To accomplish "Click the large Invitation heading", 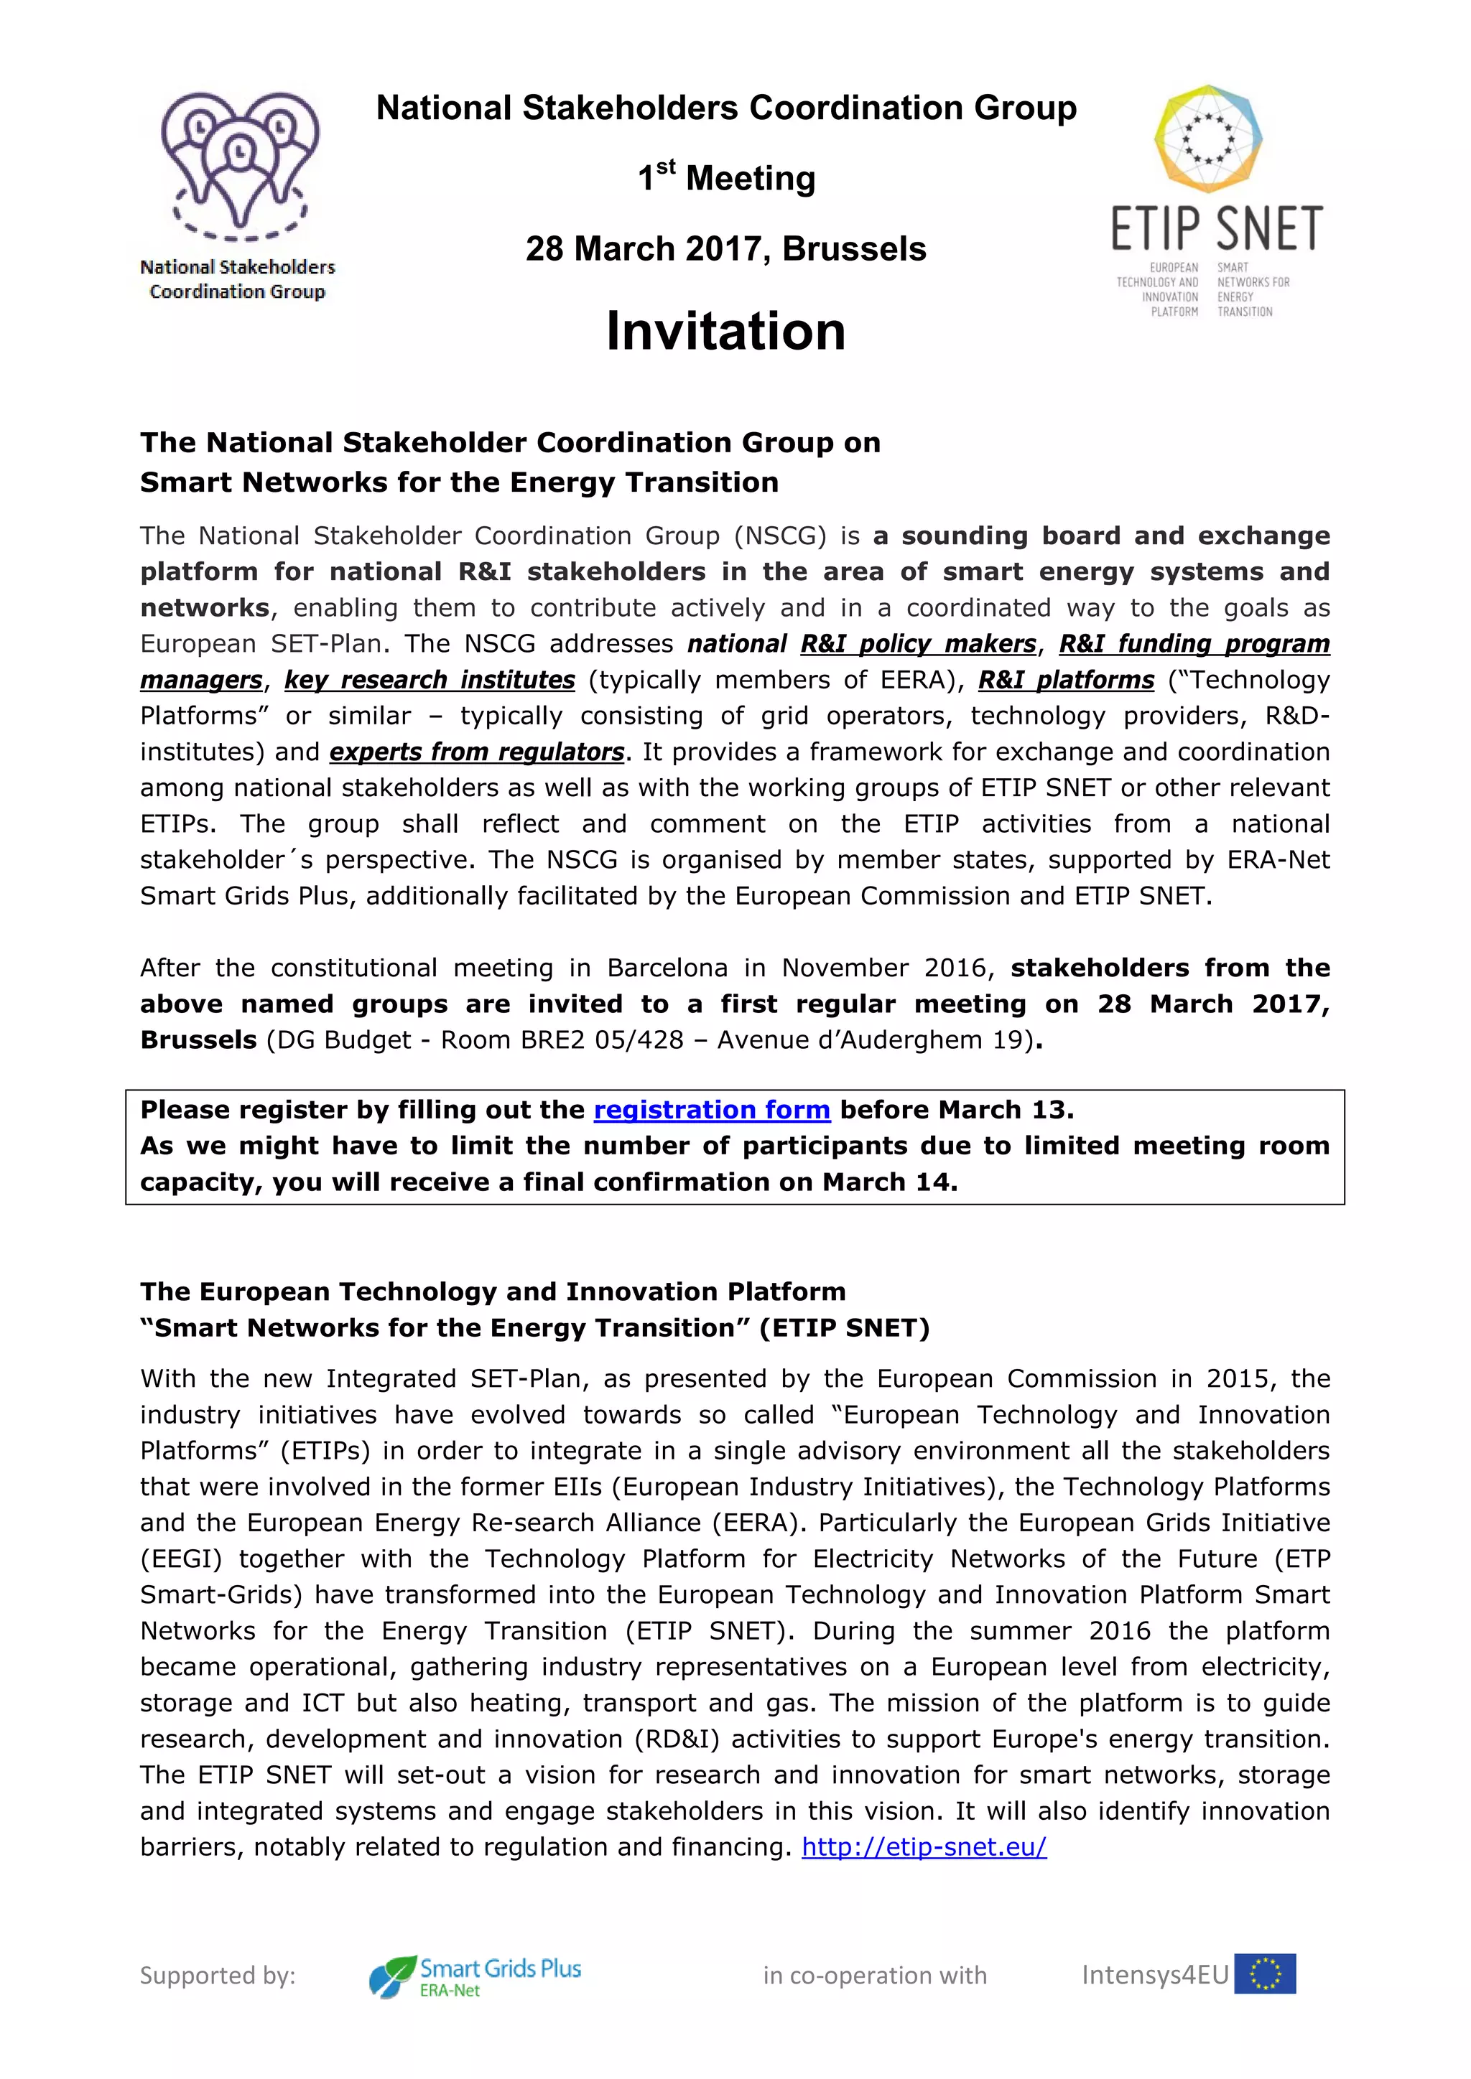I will tap(725, 332).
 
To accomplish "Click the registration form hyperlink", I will tap(711, 1110).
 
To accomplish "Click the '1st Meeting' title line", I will tap(725, 177).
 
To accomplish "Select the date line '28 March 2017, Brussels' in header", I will tap(725, 249).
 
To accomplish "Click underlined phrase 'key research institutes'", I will tap(430, 680).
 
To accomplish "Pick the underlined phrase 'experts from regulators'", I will tap(476, 752).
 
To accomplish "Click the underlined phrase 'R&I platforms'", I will tap(1066, 680).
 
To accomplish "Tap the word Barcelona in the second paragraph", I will tap(667, 968).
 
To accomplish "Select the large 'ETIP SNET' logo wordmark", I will tap(1217, 229).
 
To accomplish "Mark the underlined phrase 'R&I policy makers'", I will tap(917, 644).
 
